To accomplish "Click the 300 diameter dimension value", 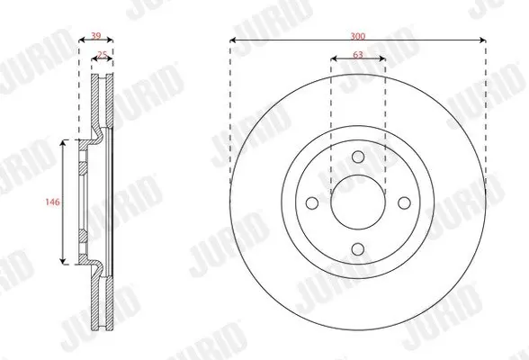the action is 358,36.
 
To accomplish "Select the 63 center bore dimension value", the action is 358,54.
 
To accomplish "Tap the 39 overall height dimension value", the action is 96,36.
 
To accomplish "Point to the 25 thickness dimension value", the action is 103,54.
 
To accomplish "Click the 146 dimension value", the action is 52,202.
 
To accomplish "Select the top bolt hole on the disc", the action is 358,157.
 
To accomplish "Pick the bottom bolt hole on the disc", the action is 358,249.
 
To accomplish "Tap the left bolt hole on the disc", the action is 312,203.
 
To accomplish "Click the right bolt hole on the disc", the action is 404,203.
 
